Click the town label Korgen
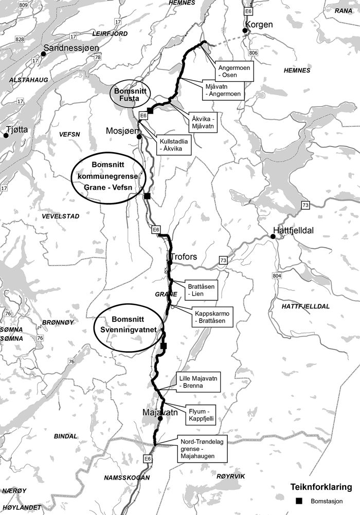point(260,24)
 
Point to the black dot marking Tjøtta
point(6,136)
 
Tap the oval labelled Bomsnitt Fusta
point(127,94)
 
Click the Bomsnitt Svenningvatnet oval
point(128,329)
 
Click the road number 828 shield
point(20,40)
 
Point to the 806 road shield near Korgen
point(253,53)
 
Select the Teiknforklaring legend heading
point(321,487)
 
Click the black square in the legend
point(298,501)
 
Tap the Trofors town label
point(183,256)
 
